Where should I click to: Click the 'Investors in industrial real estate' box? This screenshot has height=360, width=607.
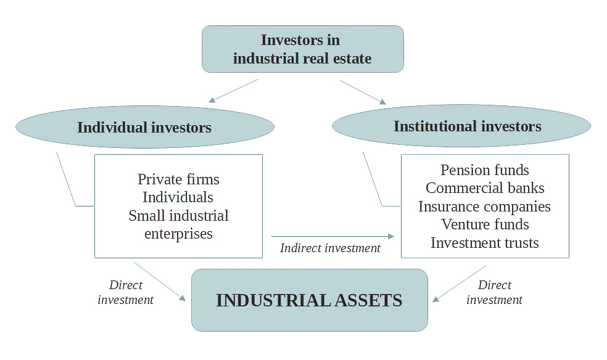(x=302, y=49)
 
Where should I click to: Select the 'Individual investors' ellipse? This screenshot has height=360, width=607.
(x=144, y=128)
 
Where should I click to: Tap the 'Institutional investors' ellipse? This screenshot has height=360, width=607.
(x=467, y=126)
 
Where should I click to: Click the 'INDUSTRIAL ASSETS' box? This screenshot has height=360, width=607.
(x=309, y=300)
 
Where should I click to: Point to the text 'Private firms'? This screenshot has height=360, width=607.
(x=178, y=179)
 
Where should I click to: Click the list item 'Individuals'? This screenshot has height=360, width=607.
(x=178, y=197)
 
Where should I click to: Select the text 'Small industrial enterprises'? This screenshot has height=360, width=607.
(x=178, y=224)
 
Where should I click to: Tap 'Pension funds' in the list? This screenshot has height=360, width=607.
(x=485, y=170)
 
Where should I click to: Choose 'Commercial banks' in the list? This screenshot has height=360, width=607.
(x=485, y=188)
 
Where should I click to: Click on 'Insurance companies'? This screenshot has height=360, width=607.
(x=484, y=207)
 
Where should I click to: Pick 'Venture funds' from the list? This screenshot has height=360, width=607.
(x=485, y=224)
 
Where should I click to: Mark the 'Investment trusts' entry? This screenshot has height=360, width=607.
(x=484, y=243)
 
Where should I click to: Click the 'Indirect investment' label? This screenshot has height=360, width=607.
(x=330, y=248)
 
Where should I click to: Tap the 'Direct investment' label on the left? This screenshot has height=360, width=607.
(x=126, y=292)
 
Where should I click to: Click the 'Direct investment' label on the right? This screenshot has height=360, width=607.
(x=494, y=292)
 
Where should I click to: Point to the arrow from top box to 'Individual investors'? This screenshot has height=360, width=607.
(x=233, y=91)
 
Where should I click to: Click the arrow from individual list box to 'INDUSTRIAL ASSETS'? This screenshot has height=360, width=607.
(x=160, y=282)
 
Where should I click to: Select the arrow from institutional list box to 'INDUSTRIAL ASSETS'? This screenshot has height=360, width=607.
(x=460, y=284)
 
